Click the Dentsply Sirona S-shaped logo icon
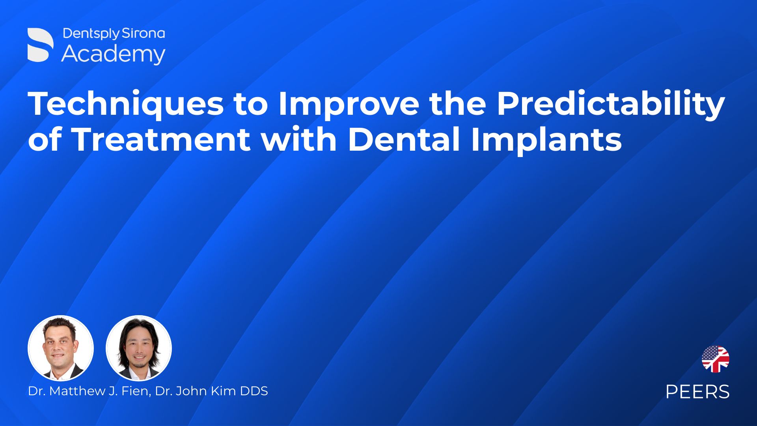tap(40, 45)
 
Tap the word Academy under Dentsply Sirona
tap(113, 54)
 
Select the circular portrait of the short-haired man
tap(61, 348)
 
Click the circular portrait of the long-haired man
tap(139, 348)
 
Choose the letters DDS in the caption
tap(255, 391)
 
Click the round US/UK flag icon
tap(715, 359)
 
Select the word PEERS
tap(697, 392)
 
